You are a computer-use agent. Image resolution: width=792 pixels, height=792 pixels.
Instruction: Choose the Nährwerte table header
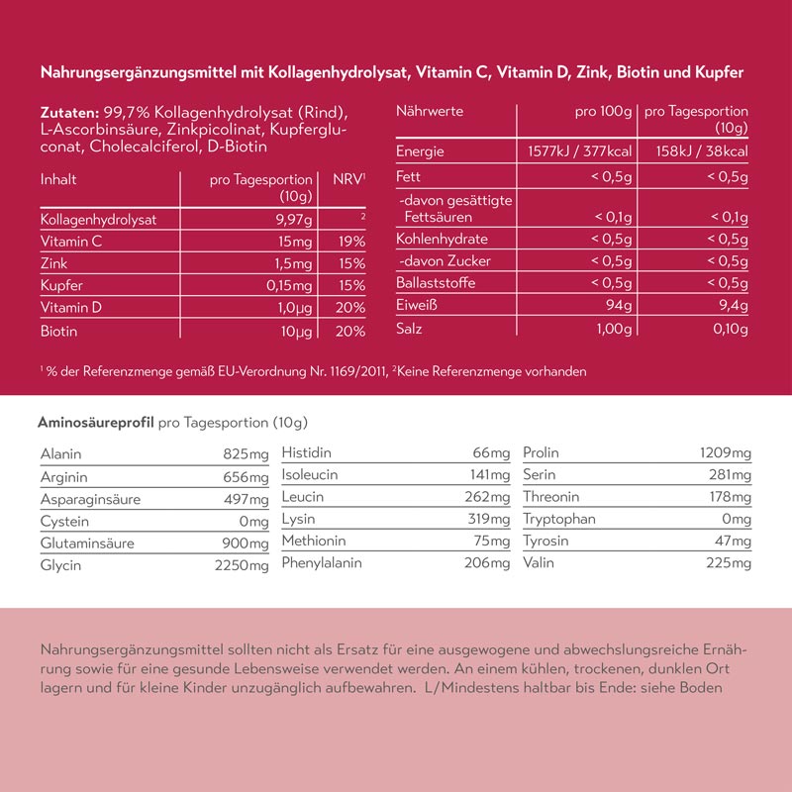point(430,112)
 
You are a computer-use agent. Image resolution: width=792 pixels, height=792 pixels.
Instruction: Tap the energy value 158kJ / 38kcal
point(695,151)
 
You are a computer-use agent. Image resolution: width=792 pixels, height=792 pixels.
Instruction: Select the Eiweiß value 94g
point(618,305)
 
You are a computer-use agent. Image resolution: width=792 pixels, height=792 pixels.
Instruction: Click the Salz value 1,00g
point(612,329)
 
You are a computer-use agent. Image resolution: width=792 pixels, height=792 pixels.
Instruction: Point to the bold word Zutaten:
point(69,112)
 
